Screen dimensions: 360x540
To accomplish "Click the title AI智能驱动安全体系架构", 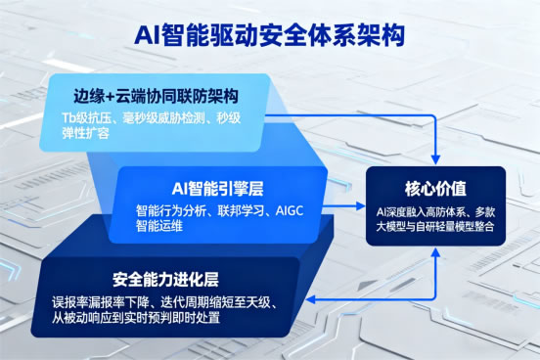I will coord(271,35).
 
